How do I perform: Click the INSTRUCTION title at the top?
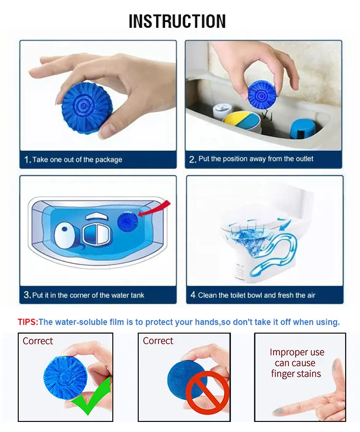pos(177,22)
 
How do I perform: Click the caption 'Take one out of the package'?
pos(77,159)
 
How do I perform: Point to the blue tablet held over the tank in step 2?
pos(262,94)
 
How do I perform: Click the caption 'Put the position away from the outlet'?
pos(256,159)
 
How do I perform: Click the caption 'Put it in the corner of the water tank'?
pos(88,295)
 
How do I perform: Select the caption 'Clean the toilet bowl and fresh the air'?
pos(257,295)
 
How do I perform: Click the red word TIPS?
pos(27,322)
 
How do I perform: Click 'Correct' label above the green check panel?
pos(38,341)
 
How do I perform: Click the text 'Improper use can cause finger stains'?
pos(296,363)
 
